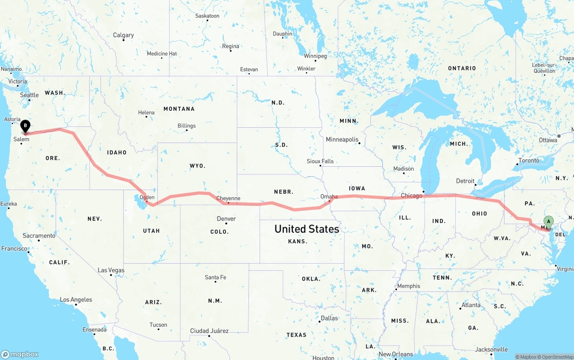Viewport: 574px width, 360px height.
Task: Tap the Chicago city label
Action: coord(411,195)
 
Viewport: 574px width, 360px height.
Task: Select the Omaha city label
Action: coord(329,196)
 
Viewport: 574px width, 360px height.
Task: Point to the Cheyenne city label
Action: coord(228,198)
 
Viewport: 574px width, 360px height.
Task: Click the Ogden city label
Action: coord(147,197)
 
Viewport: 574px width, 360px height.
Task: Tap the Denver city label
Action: coord(226,219)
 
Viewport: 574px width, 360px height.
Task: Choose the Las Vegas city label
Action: coord(111,270)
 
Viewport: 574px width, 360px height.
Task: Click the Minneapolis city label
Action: coord(342,139)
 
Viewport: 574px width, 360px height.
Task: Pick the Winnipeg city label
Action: coord(315,56)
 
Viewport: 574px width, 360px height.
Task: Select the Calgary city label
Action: coord(123,35)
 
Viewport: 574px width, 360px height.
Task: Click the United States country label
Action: coord(307,229)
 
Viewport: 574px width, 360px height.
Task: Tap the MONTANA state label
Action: coord(179,108)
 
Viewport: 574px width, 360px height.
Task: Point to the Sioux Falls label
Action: coord(320,161)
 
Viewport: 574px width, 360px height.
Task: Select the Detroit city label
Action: coord(465,181)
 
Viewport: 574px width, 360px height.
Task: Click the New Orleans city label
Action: coord(396,354)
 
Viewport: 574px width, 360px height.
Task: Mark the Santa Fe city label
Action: coord(215,277)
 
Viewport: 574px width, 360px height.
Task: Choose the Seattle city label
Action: coord(30,95)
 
